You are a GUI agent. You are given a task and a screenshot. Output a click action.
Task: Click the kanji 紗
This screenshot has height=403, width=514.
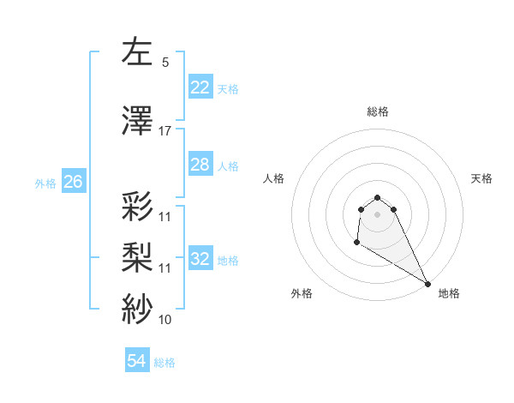pyautogui.click(x=138, y=308)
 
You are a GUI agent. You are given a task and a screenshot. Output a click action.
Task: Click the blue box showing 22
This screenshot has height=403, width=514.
pyautogui.click(x=200, y=87)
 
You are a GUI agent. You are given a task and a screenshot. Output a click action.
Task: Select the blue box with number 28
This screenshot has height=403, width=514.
pyautogui.click(x=200, y=165)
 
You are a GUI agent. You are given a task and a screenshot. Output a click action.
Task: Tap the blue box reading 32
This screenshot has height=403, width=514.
pyautogui.click(x=200, y=259)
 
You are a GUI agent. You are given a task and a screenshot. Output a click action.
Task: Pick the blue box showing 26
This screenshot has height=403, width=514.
pyautogui.click(x=73, y=182)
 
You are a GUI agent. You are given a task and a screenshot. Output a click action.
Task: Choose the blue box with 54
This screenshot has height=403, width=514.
pyautogui.click(x=137, y=362)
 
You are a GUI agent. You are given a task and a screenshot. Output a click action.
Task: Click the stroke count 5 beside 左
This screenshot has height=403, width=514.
pyautogui.click(x=165, y=63)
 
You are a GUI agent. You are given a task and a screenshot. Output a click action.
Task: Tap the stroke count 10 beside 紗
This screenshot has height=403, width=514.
pyautogui.click(x=165, y=320)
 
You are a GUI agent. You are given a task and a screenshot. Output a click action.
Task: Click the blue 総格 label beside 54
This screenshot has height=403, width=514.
pyautogui.click(x=164, y=363)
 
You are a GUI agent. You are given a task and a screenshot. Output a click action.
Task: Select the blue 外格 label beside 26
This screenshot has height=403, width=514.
pyautogui.click(x=45, y=183)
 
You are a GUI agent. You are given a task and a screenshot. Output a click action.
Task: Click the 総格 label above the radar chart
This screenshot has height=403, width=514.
pyautogui.click(x=377, y=111)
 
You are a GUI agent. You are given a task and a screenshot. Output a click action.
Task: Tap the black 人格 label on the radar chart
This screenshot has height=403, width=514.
pyautogui.click(x=274, y=178)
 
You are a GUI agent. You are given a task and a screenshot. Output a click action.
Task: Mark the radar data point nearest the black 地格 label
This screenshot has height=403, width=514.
pyautogui.click(x=427, y=283)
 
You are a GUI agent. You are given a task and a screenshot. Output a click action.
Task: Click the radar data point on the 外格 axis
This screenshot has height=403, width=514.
pyautogui.click(x=356, y=243)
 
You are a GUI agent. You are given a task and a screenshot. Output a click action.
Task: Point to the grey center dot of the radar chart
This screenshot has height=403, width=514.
pyautogui.click(x=377, y=214)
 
